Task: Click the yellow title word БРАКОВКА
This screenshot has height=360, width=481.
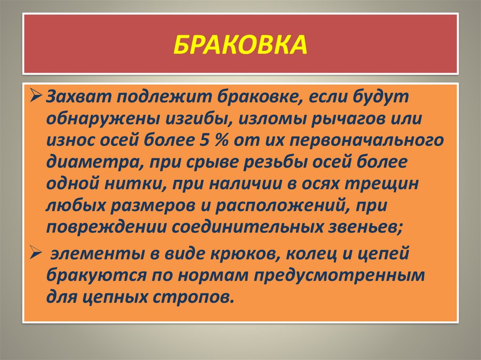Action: [240, 45]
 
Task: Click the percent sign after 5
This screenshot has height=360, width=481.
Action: [221, 140]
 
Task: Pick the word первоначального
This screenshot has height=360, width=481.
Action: [366, 142]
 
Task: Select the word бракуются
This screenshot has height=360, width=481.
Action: [97, 276]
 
